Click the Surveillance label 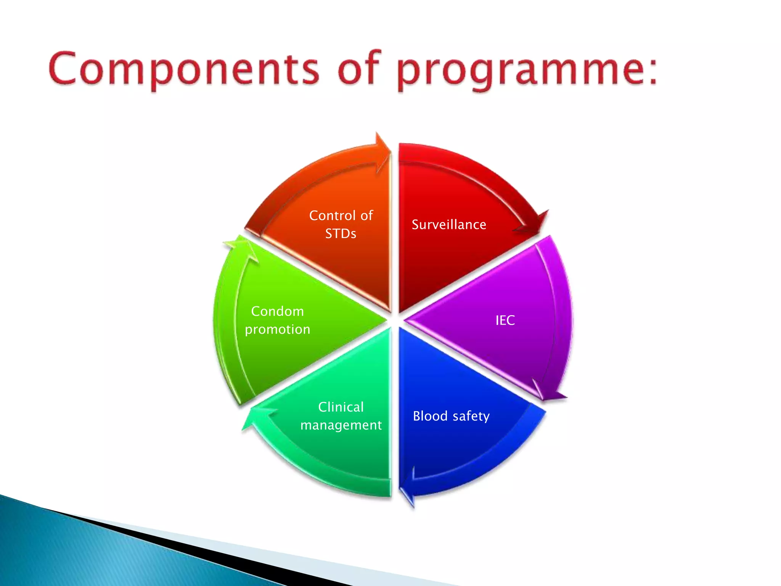tap(449, 225)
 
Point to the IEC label tap(505, 320)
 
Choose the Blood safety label tap(451, 416)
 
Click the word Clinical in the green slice tap(341, 407)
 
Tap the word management tap(341, 425)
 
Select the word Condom tap(278, 311)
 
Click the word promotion tap(278, 329)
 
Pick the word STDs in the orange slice tap(341, 233)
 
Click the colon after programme tap(653, 71)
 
